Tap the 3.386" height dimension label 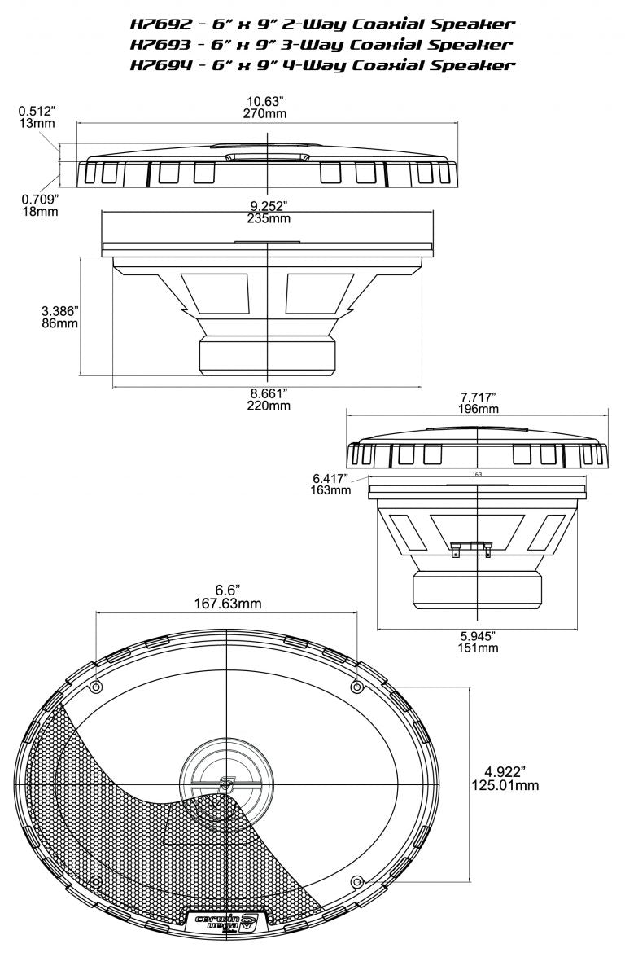tap(59, 310)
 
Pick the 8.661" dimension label tap(268, 393)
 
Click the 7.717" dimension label tap(478, 396)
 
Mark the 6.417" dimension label tap(330, 477)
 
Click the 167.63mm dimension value tap(226, 604)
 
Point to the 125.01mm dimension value tap(505, 785)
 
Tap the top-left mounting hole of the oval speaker tap(96, 687)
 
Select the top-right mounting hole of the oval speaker tap(356, 687)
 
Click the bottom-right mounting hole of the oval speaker tap(356, 881)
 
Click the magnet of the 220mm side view tap(268, 357)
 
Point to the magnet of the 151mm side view tap(477, 590)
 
